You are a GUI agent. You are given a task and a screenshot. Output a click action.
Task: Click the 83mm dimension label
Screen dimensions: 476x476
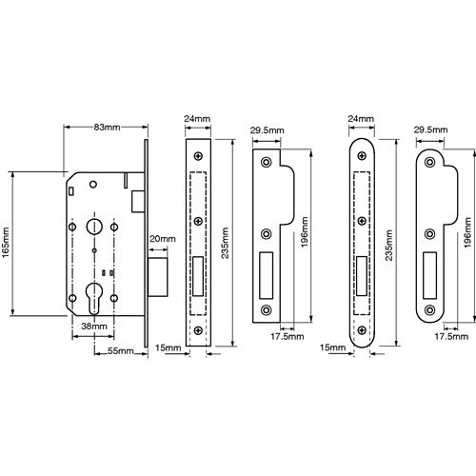point(107,128)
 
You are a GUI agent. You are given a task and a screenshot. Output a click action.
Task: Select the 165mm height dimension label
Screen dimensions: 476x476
point(6,243)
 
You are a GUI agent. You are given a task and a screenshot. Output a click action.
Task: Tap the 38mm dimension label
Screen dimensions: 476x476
point(94,326)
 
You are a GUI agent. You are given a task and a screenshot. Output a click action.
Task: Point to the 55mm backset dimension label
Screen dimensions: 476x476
point(121,351)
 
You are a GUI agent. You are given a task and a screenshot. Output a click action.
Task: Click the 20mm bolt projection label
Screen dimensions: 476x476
point(163,239)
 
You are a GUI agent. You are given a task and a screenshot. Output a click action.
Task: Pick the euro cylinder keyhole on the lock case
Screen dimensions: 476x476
point(94,298)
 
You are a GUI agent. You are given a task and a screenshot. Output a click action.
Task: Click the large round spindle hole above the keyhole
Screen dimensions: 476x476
point(94,227)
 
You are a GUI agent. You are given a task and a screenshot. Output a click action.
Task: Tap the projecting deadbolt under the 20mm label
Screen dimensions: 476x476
point(158,277)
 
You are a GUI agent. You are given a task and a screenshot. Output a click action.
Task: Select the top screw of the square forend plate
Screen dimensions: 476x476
point(198,156)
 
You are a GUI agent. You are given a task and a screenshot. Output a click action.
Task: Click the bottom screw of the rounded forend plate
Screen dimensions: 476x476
point(362,330)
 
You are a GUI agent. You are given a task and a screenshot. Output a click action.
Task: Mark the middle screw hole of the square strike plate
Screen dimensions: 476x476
point(266,234)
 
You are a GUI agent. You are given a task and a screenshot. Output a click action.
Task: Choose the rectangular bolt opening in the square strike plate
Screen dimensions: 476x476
point(267,275)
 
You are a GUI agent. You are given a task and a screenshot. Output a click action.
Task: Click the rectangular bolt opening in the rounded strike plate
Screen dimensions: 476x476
point(430,275)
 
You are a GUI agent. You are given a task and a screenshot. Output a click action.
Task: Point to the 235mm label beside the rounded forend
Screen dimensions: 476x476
point(389,246)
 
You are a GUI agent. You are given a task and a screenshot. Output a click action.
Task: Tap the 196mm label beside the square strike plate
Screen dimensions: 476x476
point(305,232)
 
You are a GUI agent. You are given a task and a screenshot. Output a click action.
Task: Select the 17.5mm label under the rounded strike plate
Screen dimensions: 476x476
point(451,336)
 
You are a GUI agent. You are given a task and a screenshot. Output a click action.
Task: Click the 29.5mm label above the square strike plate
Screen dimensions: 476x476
point(268,130)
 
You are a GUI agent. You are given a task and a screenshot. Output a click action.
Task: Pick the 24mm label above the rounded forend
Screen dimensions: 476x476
point(361,119)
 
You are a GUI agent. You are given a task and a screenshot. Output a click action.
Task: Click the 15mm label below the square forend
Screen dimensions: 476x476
point(169,347)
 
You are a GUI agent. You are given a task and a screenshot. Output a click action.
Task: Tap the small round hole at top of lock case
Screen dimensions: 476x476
point(93,184)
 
